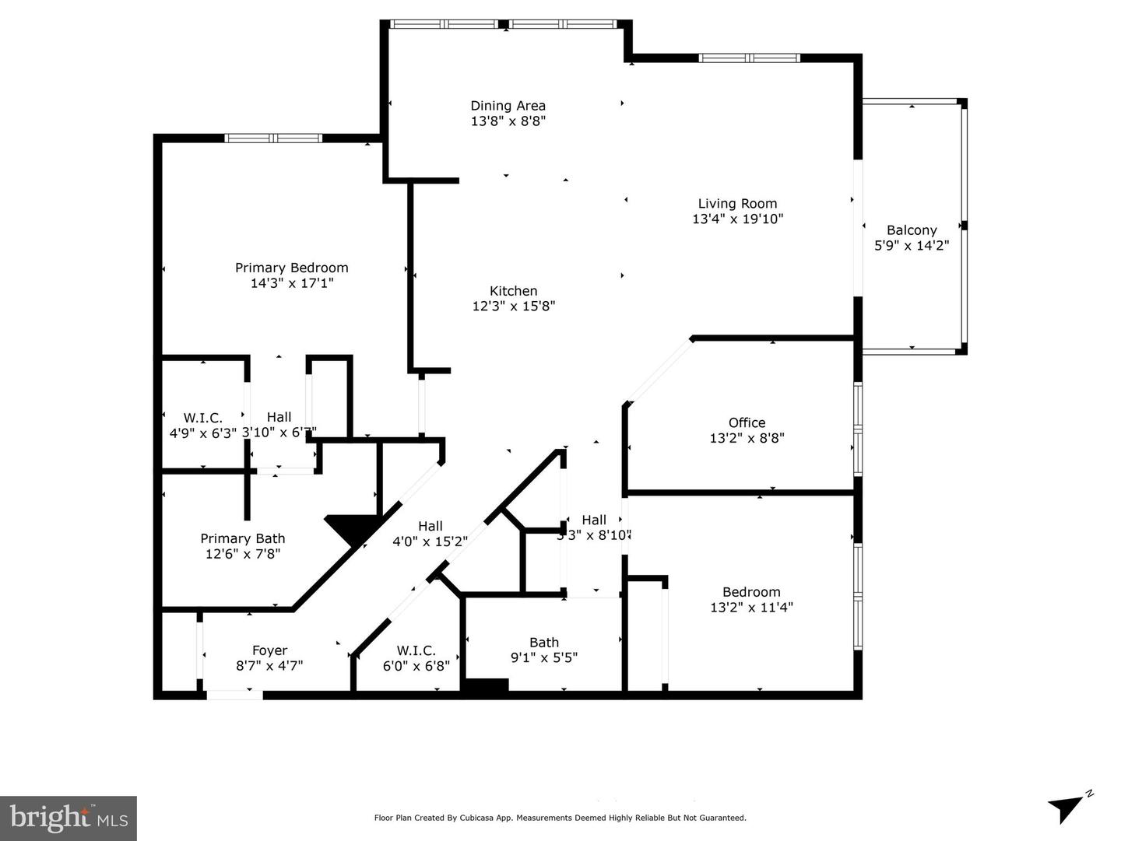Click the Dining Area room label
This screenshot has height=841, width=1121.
[x=508, y=106]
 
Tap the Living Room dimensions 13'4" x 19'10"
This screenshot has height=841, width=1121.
[x=737, y=219]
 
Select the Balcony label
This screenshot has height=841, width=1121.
[x=912, y=230]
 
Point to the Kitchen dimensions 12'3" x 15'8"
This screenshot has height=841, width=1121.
[x=513, y=307]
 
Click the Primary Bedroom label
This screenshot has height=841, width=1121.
[x=292, y=268]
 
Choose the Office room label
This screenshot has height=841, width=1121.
[x=747, y=423]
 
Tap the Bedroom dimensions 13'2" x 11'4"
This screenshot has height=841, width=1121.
[x=751, y=608]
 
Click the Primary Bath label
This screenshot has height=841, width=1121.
[x=242, y=538]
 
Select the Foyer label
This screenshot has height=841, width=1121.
[x=269, y=650]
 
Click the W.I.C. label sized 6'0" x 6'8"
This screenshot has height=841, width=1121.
[x=416, y=650]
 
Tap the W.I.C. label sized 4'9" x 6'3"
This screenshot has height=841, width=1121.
[x=202, y=418]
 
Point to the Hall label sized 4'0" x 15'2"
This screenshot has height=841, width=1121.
[x=430, y=526]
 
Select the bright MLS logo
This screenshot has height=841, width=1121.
[x=69, y=818]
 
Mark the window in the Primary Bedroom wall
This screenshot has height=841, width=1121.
[x=273, y=138]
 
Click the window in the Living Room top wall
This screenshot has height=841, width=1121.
[x=749, y=58]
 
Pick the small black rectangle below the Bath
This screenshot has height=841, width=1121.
[x=485, y=685]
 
